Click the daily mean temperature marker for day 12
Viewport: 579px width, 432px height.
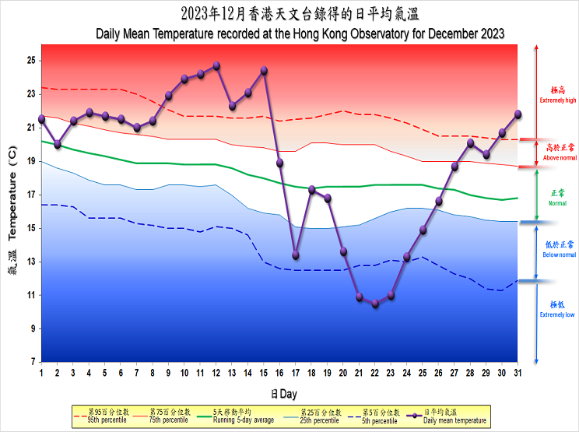pos(216,65)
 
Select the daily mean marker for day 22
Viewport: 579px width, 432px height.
pos(375,304)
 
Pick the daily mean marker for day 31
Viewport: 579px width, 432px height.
pos(518,114)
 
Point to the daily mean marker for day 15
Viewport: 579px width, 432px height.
pos(264,70)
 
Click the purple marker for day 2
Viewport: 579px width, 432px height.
pos(58,144)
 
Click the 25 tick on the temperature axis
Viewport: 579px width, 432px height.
pos(32,61)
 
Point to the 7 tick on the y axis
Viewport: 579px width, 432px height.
pos(32,362)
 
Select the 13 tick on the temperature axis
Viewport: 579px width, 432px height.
pos(32,262)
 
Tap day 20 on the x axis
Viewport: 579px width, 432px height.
pos(343,373)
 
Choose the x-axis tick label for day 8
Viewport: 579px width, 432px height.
pos(153,373)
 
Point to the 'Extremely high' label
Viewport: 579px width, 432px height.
pos(557,96)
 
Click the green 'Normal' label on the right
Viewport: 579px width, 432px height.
pos(557,198)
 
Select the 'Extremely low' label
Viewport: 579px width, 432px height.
pos(557,310)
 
